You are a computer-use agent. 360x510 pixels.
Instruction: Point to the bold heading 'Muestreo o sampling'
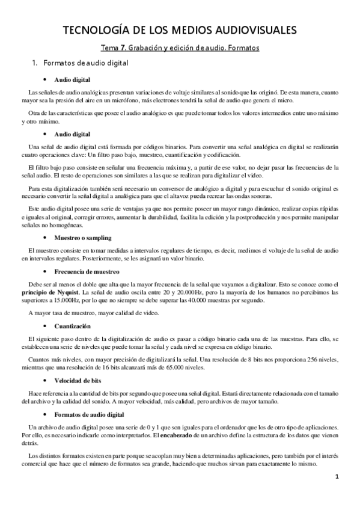(x=81, y=238)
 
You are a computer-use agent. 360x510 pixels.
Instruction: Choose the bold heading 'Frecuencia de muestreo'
(x=84, y=271)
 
